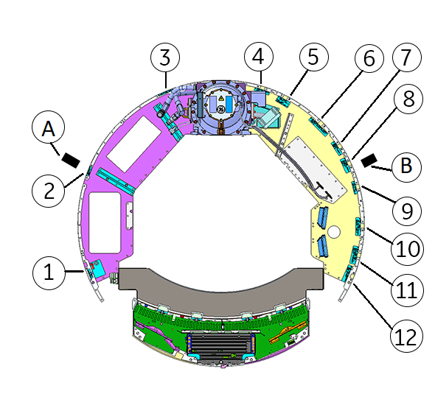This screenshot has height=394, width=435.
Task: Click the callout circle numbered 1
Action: point(49,273)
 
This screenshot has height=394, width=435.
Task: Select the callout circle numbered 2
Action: point(49,191)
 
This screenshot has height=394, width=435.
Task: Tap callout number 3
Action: point(165,57)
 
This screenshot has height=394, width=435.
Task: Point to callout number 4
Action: point(259,57)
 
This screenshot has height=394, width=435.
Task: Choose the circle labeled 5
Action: point(314,57)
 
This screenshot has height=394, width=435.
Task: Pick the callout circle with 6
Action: point(369,58)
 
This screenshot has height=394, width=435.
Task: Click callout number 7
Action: point(407,57)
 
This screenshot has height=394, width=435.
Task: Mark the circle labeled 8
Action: point(408,99)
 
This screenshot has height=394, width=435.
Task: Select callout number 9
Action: point(407,211)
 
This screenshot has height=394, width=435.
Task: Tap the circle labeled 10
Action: point(407,249)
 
